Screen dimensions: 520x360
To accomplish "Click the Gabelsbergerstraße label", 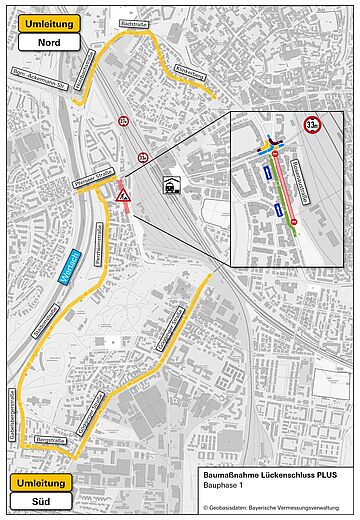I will pos(12,416).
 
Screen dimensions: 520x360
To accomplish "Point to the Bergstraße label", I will pos(49,439).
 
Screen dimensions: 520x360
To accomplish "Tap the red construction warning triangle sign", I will pos(123,195).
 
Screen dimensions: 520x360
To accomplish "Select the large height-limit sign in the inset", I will pos(313,128).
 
